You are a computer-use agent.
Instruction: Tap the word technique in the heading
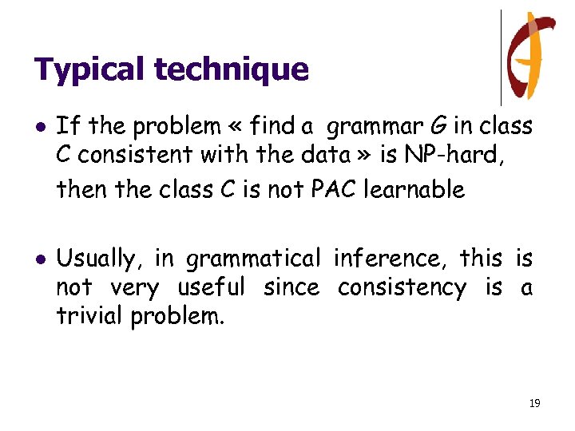231,70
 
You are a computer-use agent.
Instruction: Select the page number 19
534,403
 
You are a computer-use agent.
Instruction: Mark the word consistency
402,287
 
